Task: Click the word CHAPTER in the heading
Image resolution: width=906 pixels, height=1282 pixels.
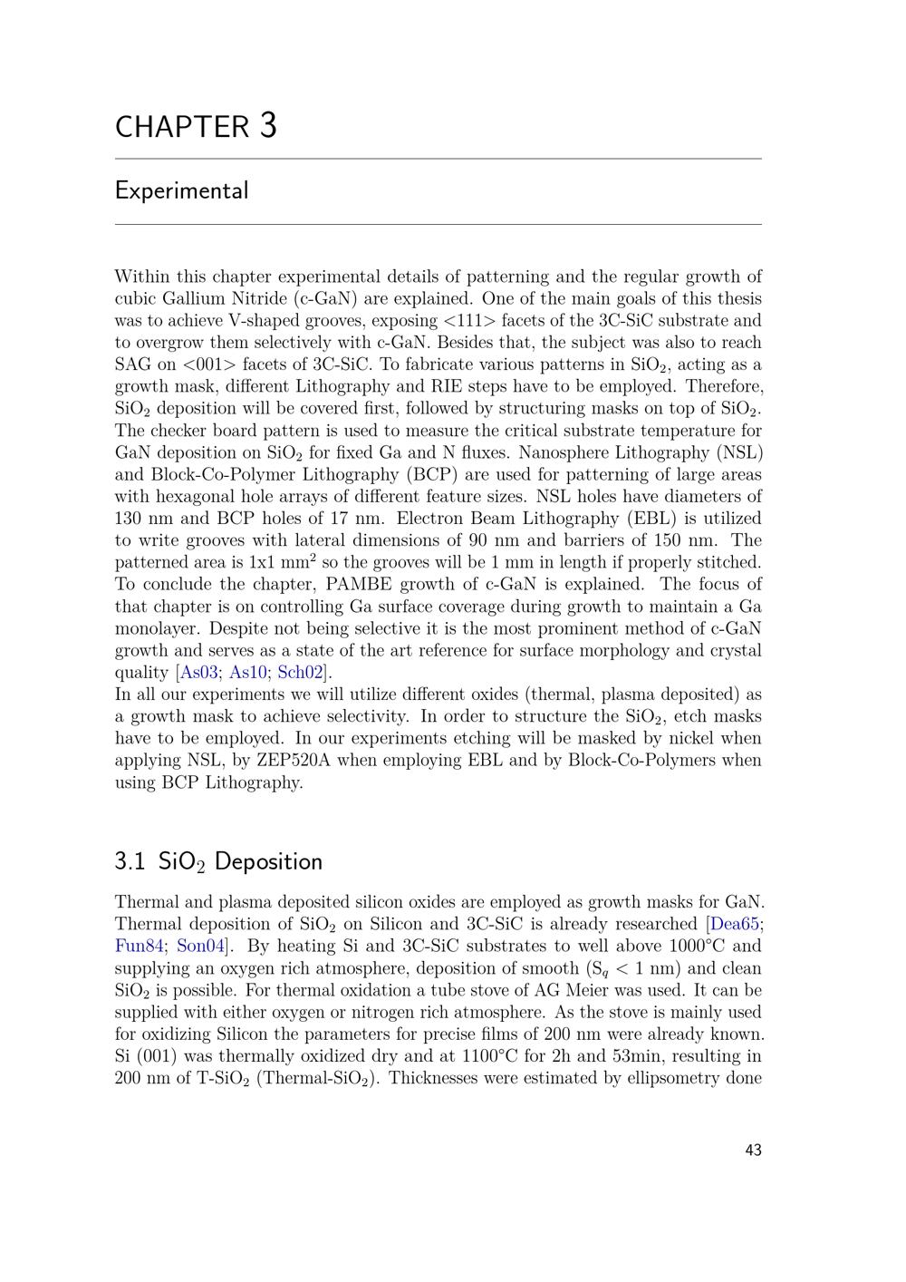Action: pos(182,128)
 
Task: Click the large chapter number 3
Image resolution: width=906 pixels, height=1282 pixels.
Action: pos(268,125)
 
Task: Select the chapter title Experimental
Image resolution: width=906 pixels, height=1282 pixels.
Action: pos(181,191)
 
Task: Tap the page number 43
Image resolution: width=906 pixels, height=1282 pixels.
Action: pos(753,1151)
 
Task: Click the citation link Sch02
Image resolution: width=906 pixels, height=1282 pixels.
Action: pos(300,673)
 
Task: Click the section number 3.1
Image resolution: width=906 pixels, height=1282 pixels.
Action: pos(130,861)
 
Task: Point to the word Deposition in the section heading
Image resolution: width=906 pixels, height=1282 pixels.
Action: pos(268,861)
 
